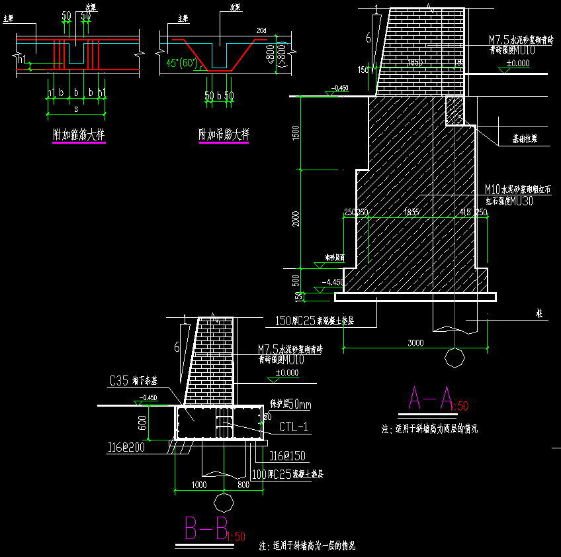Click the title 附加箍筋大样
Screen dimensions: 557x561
pyautogui.click(x=79, y=135)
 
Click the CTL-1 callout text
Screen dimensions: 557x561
pyautogui.click(x=294, y=427)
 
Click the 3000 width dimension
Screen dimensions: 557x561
pyautogui.click(x=415, y=342)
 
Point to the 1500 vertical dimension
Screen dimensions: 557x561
pyautogui.click(x=296, y=132)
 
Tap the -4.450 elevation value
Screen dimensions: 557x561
pyautogui.click(x=332, y=281)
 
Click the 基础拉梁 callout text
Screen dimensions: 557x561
pyautogui.click(x=525, y=140)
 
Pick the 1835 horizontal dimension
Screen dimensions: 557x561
pyautogui.click(x=411, y=212)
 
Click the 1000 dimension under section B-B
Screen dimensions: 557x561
pyautogui.click(x=198, y=485)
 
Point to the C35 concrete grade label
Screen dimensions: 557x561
pyautogui.click(x=119, y=381)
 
